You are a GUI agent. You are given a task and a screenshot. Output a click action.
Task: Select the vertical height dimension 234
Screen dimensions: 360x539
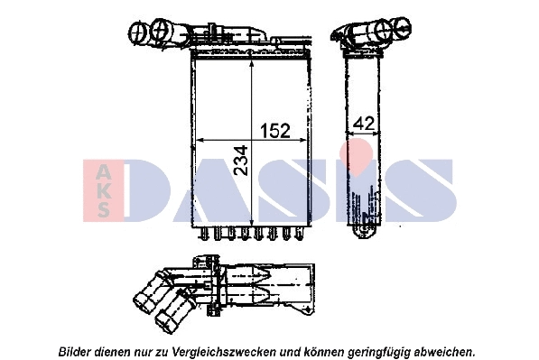click(x=240, y=162)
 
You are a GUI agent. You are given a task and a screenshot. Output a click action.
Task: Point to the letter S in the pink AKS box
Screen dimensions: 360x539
click(x=102, y=209)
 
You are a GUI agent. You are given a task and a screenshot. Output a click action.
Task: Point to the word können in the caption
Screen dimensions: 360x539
click(x=319, y=349)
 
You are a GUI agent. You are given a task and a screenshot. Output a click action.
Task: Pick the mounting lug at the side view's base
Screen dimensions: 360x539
click(x=367, y=233)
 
